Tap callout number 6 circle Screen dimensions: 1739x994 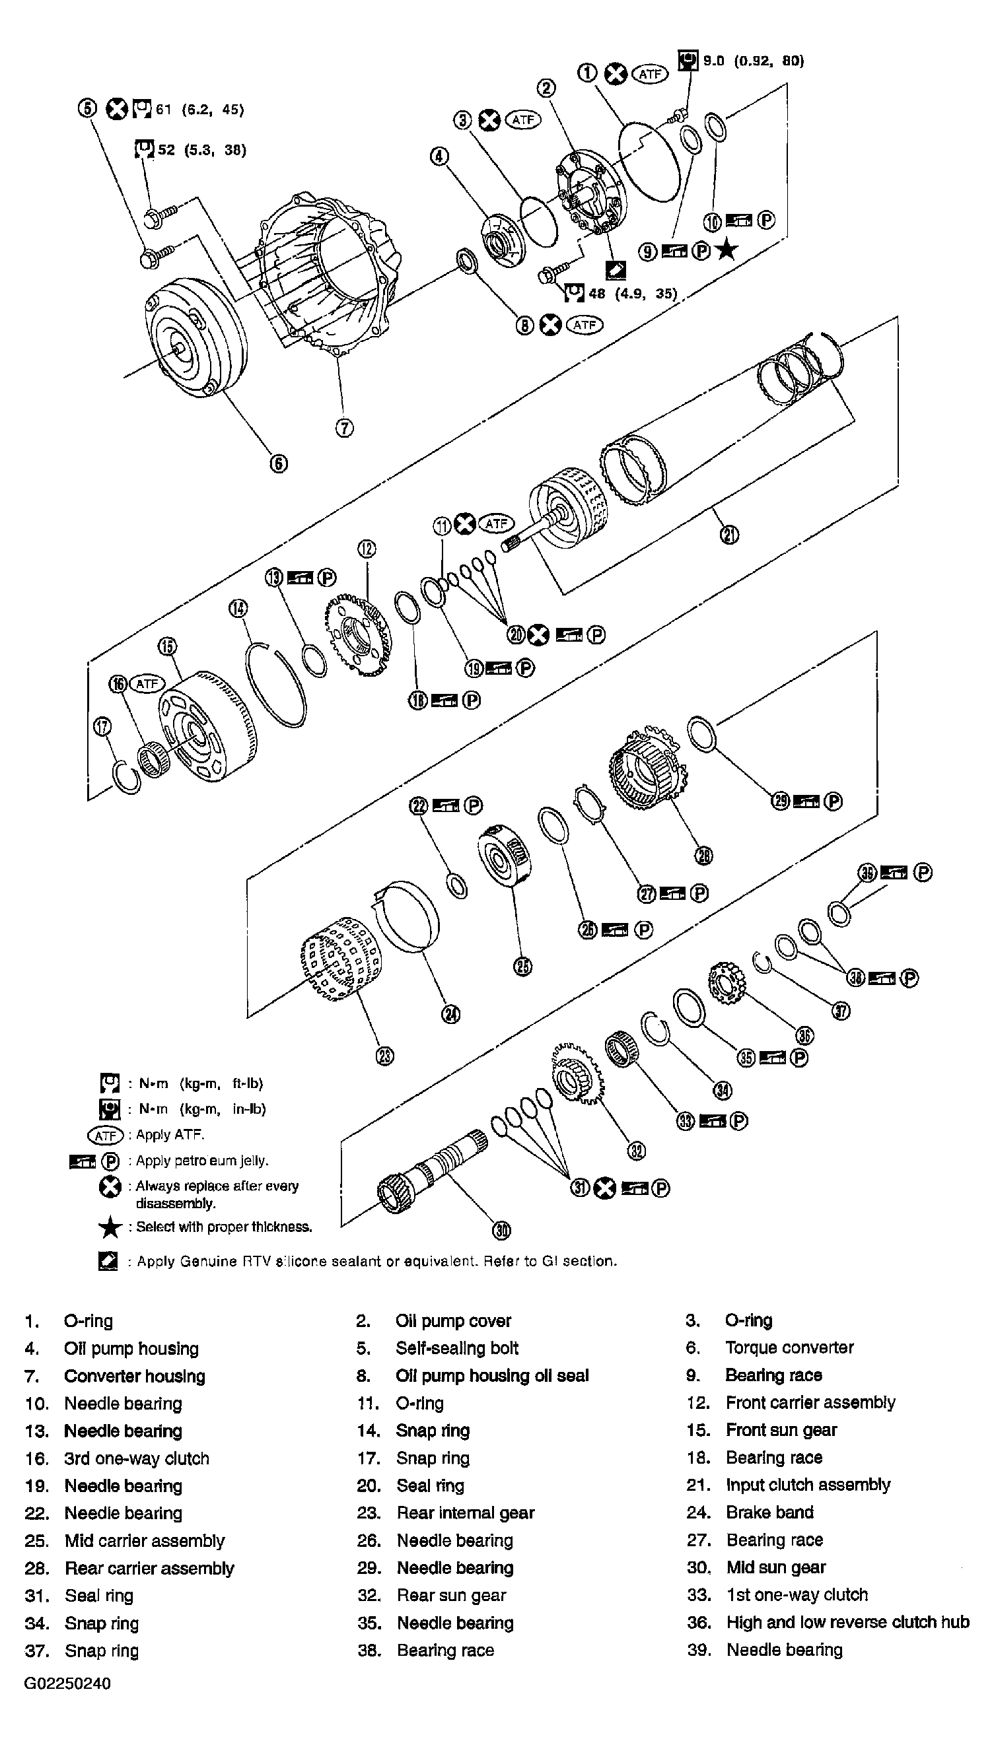pyautogui.click(x=279, y=463)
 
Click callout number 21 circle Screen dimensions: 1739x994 pyautogui.click(x=729, y=535)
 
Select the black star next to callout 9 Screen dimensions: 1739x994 pyautogui.click(x=728, y=250)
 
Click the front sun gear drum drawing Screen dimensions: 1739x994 pyautogui.click(x=208, y=727)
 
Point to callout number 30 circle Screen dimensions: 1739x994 pyautogui.click(x=502, y=1230)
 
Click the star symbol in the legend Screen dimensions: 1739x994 pyautogui.click(x=109, y=1227)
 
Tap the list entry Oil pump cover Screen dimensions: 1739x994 pyautogui.click(x=452, y=1321)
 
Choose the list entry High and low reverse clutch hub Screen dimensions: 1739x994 pyautogui.click(x=847, y=1621)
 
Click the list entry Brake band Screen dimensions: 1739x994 pyautogui.click(x=769, y=1512)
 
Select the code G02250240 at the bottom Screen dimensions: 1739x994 pyautogui.click(x=67, y=1683)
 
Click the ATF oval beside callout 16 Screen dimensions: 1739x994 pyautogui.click(x=147, y=683)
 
